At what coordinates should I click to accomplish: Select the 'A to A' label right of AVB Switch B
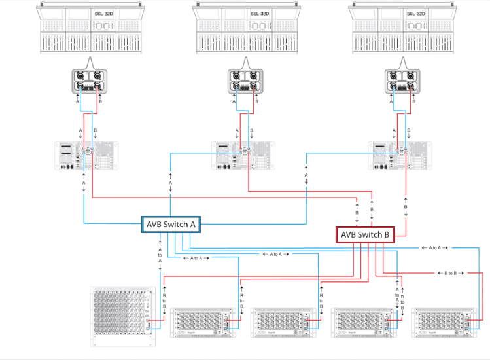coord(436,248)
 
